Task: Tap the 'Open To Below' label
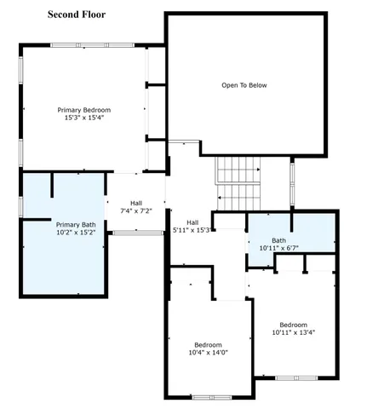244,85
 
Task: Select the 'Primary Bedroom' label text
84,110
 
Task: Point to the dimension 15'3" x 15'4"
84,118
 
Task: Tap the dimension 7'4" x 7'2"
136,210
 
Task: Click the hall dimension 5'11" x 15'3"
192,230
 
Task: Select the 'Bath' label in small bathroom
279,240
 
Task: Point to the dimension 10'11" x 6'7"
279,249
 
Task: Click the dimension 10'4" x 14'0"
209,352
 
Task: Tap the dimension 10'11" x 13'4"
294,332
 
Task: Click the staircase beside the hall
237,181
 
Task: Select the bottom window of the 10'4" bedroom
209,396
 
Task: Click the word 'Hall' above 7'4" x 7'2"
136,202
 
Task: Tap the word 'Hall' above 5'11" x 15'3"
192,222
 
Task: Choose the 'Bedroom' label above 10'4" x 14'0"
209,343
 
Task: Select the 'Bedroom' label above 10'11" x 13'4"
294,324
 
